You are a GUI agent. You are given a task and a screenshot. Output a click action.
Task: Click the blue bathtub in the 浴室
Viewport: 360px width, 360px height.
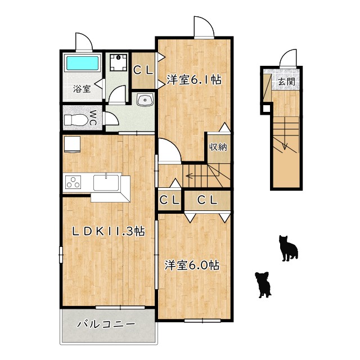coord(82,63)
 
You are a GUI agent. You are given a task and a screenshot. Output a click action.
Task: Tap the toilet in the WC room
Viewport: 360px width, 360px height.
coord(75,120)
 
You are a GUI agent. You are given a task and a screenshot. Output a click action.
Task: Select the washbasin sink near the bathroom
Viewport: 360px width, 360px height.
coord(145,100)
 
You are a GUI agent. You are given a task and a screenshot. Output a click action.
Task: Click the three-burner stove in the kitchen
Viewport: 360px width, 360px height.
coord(73,182)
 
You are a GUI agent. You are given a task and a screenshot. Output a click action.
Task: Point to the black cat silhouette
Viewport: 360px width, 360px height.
coord(289,248)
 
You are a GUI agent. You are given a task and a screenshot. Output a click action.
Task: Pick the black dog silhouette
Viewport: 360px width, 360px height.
coord(263,285)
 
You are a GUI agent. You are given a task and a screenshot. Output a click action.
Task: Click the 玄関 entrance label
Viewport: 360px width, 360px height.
coord(286,81)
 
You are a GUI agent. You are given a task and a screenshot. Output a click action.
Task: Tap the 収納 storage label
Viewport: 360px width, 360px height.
coord(218,147)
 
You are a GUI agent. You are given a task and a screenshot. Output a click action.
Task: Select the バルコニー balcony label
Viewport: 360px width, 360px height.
coord(106,325)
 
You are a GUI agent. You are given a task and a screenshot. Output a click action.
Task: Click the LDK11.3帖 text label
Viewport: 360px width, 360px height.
coord(109,231)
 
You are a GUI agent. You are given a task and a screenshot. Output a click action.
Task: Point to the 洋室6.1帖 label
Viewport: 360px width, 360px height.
coord(194,80)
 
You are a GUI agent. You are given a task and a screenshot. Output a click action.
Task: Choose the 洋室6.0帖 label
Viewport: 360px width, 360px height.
coord(192,265)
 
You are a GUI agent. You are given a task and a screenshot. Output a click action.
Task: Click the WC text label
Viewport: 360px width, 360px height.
coord(93,118)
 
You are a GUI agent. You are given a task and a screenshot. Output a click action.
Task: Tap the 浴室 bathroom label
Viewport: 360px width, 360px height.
coord(82,89)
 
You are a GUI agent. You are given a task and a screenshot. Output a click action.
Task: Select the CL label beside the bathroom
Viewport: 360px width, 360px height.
coord(143,70)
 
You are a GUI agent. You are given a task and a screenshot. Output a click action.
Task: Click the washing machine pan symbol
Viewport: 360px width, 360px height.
coord(118,62)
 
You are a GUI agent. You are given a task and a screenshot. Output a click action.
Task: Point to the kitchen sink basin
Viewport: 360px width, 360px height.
coord(106,183)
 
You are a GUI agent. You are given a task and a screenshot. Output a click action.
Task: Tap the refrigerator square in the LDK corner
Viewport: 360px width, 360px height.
coord(72,145)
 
